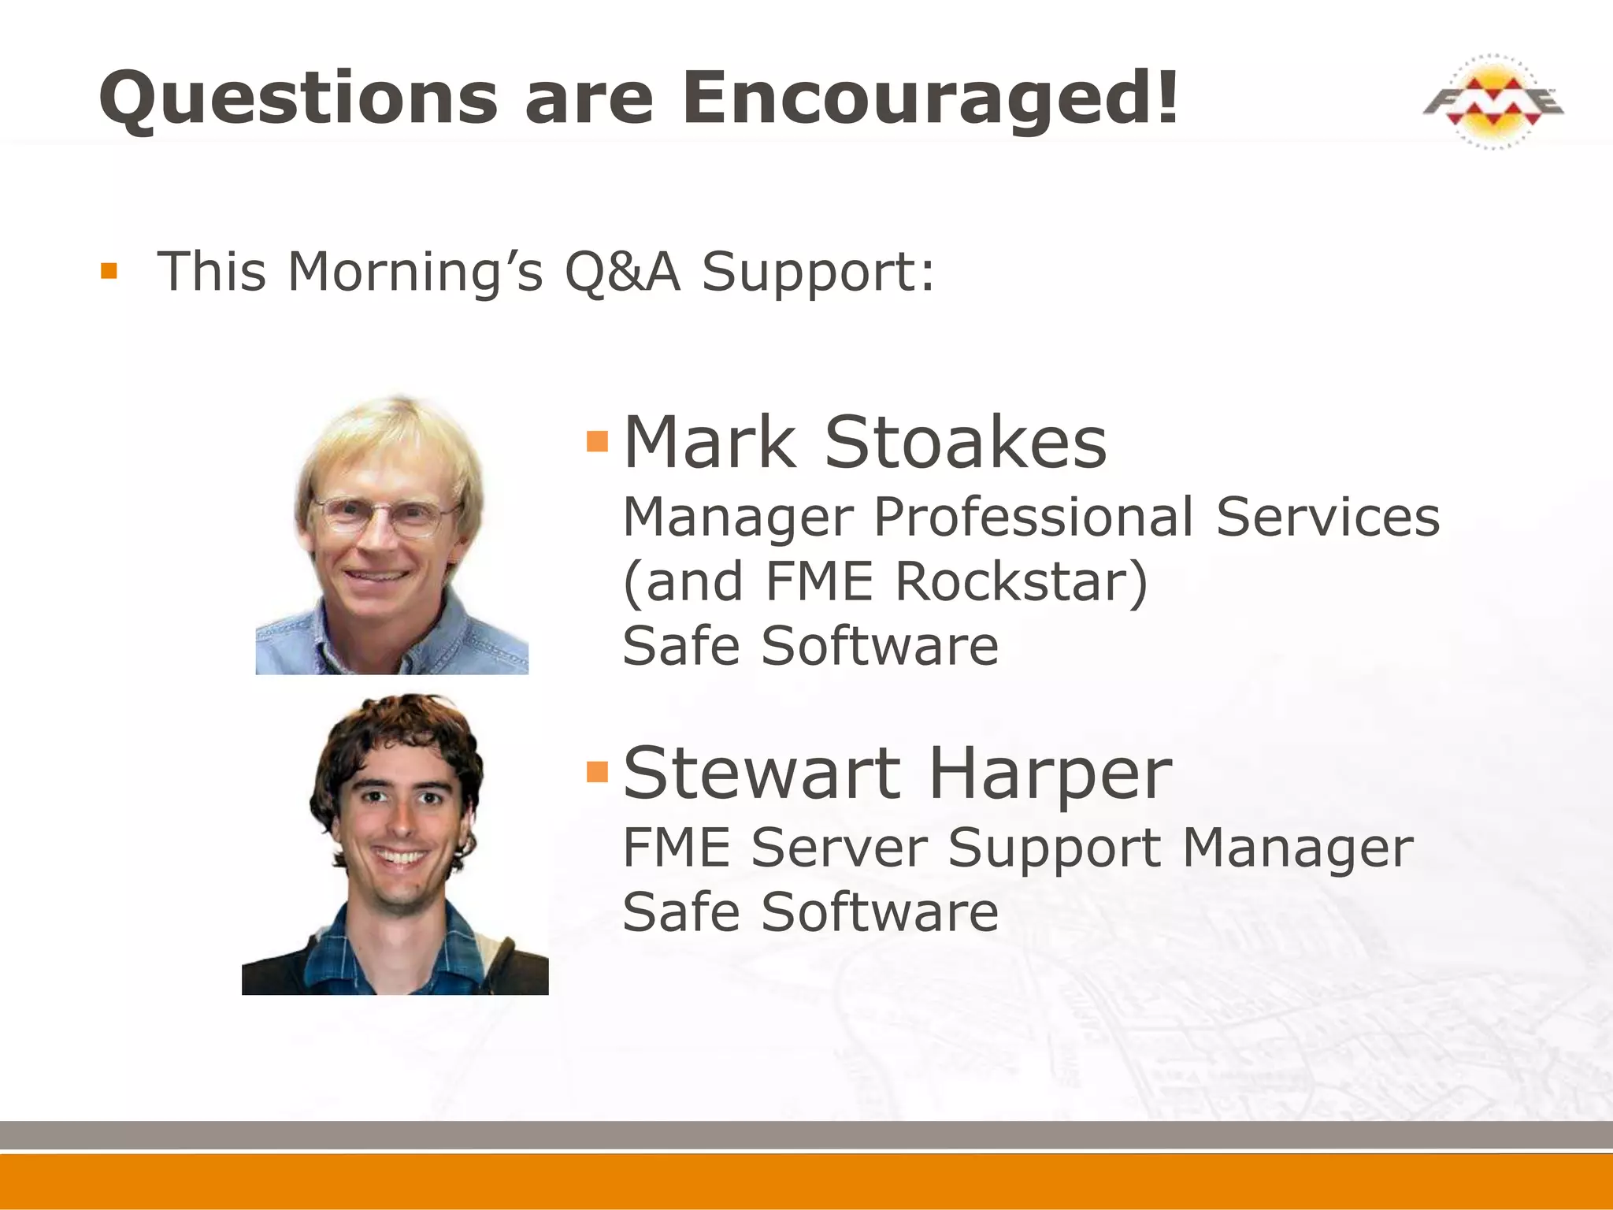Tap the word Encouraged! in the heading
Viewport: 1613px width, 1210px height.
930,98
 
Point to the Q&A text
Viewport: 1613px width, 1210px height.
622,272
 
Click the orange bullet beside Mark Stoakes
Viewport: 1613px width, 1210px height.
598,441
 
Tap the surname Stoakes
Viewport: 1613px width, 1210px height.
965,443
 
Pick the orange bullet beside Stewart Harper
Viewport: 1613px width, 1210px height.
598,772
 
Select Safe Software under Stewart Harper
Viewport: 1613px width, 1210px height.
810,912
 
